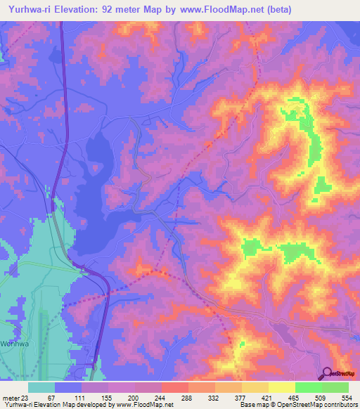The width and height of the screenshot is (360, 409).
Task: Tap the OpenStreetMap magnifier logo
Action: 327,374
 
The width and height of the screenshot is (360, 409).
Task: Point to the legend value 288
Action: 188,397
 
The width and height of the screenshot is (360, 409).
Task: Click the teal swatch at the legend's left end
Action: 41,387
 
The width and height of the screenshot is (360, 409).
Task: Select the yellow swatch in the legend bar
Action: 281,387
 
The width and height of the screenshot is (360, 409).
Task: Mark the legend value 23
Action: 28,397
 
